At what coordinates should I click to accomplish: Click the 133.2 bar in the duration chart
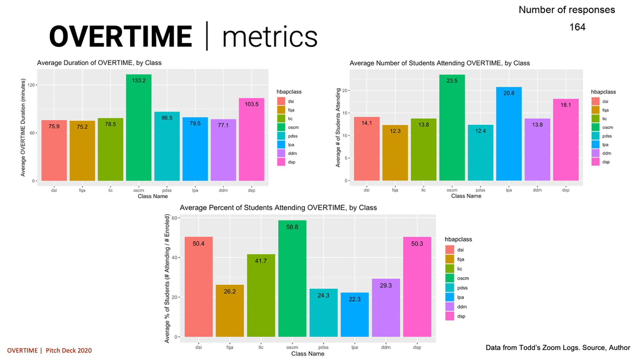coord(139,127)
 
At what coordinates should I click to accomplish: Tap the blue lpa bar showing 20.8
coord(509,134)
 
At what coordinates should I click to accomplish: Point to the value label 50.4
coord(199,243)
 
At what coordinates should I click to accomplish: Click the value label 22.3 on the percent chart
coord(355,299)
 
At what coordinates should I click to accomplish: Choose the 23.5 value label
coord(452,80)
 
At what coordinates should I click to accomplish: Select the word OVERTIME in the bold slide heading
coord(121,36)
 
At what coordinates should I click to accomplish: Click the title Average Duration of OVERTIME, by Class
coord(99,62)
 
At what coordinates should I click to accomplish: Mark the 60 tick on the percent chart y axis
coord(175,217)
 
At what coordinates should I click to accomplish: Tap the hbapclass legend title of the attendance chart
coord(603,92)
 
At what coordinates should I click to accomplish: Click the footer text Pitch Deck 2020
coord(69,350)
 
